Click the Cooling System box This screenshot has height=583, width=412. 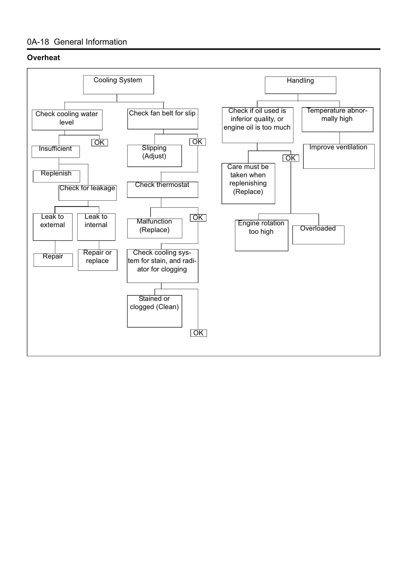pos(118,85)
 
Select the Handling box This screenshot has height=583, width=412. pos(301,85)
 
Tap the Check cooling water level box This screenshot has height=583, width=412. pos(67,120)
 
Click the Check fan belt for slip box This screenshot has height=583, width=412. pos(163,119)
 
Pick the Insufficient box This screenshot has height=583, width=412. pos(56,152)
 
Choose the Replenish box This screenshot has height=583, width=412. pos(56,176)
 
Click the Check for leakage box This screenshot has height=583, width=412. pos(88,192)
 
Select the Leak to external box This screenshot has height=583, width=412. pos(53,227)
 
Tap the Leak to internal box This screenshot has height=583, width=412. pos(96,227)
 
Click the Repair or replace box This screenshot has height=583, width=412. pos(98,260)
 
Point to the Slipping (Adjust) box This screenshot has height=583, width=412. pos(155,156)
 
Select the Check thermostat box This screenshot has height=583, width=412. pos(163,190)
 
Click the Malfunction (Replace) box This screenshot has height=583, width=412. pos(155,228)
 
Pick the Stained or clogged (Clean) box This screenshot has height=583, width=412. pos(155,311)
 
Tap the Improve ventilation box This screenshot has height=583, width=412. pos(339,156)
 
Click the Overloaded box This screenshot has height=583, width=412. pos(318,235)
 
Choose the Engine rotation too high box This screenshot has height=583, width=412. pos(261,235)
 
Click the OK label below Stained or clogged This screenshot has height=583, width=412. pos(198,333)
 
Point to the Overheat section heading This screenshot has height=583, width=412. pos(44,58)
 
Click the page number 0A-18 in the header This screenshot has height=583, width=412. pos(38,42)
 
